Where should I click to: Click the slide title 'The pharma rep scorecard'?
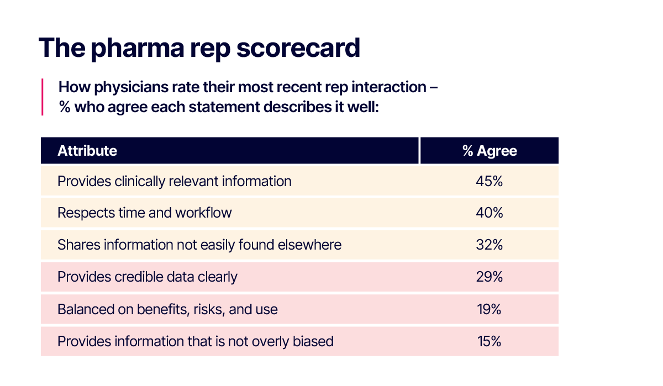pyautogui.click(x=199, y=48)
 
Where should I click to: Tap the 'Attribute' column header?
pyautogui.click(x=87, y=151)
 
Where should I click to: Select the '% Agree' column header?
pyautogui.click(x=490, y=151)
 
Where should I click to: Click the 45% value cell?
pyautogui.click(x=490, y=181)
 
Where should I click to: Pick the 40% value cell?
pyautogui.click(x=490, y=213)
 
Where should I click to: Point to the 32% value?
pyautogui.click(x=490, y=245)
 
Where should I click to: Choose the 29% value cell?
pyautogui.click(x=490, y=277)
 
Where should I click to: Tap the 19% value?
pyautogui.click(x=489, y=309)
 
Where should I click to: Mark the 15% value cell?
pyautogui.click(x=489, y=341)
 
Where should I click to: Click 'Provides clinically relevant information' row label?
pyautogui.click(x=175, y=181)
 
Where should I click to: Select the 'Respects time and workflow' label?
pyautogui.click(x=144, y=213)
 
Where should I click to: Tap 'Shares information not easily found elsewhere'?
pyautogui.click(x=199, y=245)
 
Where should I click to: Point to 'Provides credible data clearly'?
pyautogui.click(x=147, y=277)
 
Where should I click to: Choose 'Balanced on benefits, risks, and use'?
pyautogui.click(x=167, y=309)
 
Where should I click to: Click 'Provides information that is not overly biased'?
pyautogui.click(x=196, y=341)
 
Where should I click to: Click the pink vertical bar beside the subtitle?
pyautogui.click(x=43, y=97)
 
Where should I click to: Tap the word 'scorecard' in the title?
pyautogui.click(x=298, y=48)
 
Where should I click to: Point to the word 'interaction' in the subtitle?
pyautogui.click(x=388, y=87)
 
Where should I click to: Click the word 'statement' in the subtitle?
pyautogui.click(x=224, y=107)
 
